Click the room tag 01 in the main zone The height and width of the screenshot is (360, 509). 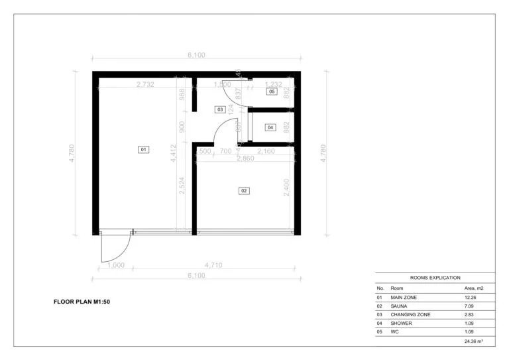pyautogui.click(x=142, y=150)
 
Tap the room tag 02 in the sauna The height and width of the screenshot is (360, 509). pyautogui.click(x=244, y=191)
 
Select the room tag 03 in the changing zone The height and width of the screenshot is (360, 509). pyautogui.click(x=219, y=109)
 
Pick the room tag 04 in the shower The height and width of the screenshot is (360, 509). pyautogui.click(x=270, y=127)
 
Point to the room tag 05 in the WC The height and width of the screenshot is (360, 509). pyautogui.click(x=272, y=91)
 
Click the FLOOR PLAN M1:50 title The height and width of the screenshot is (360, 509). pyautogui.click(x=86, y=302)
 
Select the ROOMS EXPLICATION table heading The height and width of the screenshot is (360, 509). pyautogui.click(x=435, y=278)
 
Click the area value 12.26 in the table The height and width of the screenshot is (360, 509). pyautogui.click(x=471, y=298)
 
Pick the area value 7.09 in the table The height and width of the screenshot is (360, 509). pyautogui.click(x=470, y=306)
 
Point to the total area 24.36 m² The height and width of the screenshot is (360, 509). pyautogui.click(x=473, y=341)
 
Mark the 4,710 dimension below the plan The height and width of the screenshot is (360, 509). pyautogui.click(x=213, y=265)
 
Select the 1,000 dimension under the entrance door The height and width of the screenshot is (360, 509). pyautogui.click(x=115, y=265)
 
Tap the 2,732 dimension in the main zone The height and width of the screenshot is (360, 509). pyautogui.click(x=145, y=84)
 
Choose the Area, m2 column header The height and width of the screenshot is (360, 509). pyautogui.click(x=475, y=288)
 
